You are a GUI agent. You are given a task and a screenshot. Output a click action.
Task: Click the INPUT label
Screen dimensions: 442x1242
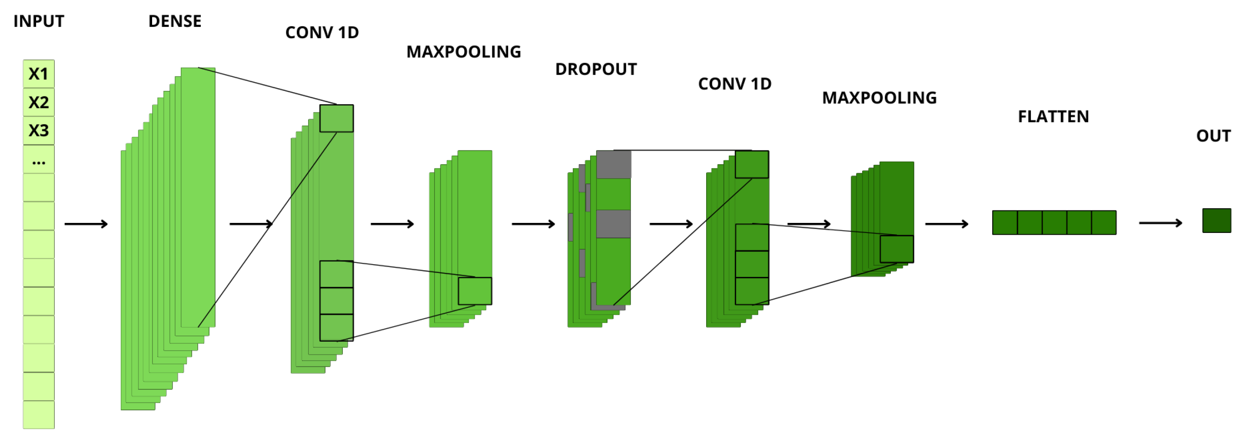coord(39,21)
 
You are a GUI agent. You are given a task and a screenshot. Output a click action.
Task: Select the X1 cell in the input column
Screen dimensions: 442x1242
coord(39,74)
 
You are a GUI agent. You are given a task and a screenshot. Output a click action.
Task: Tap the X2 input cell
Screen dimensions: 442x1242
coord(39,102)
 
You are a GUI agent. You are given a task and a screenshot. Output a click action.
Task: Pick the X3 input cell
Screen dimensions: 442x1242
coord(39,130)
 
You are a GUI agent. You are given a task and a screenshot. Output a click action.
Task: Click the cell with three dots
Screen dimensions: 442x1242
coord(39,160)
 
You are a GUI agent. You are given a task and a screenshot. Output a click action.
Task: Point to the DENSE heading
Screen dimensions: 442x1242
coord(175,21)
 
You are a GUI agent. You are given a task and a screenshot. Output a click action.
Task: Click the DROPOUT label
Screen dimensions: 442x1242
coord(595,70)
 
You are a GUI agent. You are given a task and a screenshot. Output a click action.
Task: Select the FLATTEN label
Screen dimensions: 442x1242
coord(1053,116)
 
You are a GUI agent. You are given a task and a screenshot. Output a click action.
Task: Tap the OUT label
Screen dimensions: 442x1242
coord(1213,136)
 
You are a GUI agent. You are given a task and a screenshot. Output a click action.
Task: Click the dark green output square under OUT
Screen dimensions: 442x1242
coord(1216,220)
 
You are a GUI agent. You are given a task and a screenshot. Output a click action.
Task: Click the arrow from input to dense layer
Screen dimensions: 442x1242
coord(86,224)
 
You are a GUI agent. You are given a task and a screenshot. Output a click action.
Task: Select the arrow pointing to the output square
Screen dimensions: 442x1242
coord(1160,223)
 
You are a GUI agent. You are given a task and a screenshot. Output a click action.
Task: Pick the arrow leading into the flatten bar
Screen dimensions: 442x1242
coord(946,224)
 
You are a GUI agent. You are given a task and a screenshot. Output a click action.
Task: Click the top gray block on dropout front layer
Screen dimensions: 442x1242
coord(613,164)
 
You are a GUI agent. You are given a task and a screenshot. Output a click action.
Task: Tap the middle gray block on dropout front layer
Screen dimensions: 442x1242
coord(613,224)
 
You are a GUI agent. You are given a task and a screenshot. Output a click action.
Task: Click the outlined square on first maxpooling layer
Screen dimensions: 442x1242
coord(475,291)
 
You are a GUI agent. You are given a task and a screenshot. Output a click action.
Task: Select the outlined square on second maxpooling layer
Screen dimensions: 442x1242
coord(897,249)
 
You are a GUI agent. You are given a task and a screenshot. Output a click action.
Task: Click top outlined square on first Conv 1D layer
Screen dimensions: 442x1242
coord(336,119)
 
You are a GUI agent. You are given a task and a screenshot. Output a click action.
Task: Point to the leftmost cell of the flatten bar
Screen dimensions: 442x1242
coord(1005,223)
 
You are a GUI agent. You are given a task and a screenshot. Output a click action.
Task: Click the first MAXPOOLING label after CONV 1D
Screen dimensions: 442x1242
coord(463,52)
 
